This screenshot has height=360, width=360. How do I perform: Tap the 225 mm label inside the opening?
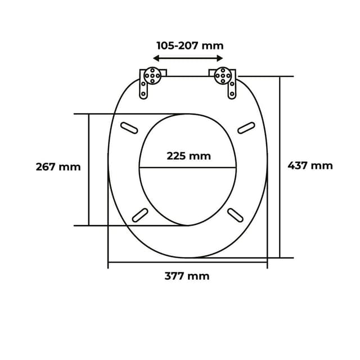click(188, 156)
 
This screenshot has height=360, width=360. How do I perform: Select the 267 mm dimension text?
click(58, 166)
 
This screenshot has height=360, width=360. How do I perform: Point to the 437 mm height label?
click(310, 165)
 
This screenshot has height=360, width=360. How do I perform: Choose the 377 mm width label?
click(187, 276)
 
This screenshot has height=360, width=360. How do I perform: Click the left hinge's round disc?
click(152, 74)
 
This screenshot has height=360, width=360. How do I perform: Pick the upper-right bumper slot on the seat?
click(246, 128)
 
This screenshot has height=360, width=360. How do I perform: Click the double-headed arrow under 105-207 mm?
click(188, 58)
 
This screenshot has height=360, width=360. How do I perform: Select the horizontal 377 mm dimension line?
click(187, 262)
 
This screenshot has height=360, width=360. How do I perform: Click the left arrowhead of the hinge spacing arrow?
click(156, 58)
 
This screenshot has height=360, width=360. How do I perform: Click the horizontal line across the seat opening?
click(187, 168)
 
